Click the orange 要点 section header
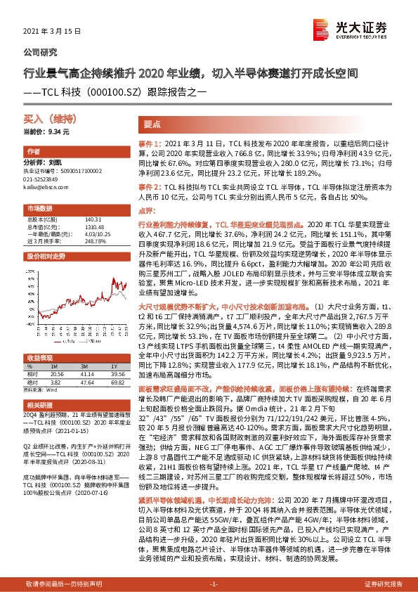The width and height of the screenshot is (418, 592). click(x=153, y=123)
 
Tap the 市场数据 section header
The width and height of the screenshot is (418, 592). click(x=41, y=209)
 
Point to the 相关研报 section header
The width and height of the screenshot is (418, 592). click(x=41, y=406)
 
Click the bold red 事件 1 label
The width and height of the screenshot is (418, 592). click(x=150, y=142)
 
